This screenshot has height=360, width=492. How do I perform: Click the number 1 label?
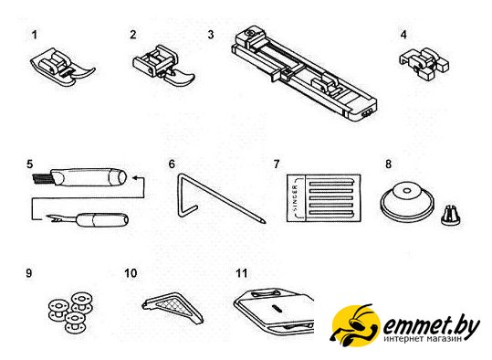35,35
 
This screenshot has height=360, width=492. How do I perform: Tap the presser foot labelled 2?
162,67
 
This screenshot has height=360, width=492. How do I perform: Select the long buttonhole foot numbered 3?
304,73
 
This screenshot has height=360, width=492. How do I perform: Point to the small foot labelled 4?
424,63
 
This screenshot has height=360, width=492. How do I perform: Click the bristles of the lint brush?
42,178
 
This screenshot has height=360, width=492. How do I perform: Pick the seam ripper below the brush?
88,219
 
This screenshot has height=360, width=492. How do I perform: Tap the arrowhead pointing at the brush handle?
135,178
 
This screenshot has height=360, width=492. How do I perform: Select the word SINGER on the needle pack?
296,198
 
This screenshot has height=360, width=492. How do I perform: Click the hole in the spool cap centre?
407,190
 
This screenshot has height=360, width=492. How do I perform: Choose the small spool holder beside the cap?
451,216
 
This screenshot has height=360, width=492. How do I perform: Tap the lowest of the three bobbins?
75,322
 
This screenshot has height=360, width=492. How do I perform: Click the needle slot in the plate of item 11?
277,309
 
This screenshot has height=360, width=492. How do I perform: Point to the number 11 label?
242,273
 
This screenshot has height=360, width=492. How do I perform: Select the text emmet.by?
431,327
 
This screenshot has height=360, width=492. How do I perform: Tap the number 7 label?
277,164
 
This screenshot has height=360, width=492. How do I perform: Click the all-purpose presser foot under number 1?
63,67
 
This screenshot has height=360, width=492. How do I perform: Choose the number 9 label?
29,273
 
